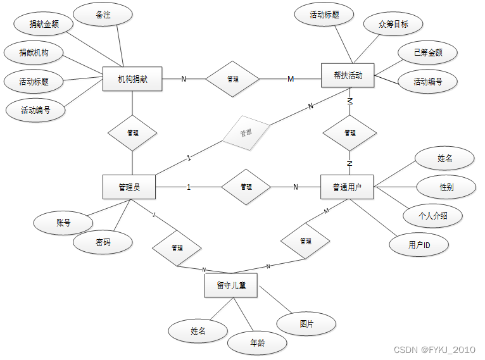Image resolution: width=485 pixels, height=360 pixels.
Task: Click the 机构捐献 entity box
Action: tap(132, 79)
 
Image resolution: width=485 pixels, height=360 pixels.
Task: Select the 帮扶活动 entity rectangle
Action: tap(348, 76)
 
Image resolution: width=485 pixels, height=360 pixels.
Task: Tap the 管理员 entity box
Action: tap(129, 187)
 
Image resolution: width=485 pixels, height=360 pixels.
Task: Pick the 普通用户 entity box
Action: tap(348, 187)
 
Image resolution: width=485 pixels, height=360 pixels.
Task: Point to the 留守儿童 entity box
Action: tap(231, 285)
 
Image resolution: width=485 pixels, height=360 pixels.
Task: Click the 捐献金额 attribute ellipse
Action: tap(43, 25)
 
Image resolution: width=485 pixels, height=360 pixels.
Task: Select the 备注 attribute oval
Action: tap(103, 15)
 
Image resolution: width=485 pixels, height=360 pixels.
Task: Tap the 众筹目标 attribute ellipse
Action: tap(393, 25)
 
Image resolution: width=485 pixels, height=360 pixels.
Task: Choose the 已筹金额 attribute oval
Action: tap(428, 53)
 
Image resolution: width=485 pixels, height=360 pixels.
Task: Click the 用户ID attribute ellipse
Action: tap(419, 244)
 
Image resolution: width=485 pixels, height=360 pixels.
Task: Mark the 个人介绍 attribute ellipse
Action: tap(433, 215)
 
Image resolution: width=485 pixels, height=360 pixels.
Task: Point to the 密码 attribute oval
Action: tap(103, 242)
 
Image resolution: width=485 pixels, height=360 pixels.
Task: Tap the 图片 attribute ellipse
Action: tap(306, 324)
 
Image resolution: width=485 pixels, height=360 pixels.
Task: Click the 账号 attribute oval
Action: tap(63, 223)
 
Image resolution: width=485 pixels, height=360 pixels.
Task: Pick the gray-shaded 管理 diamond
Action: tap(246, 133)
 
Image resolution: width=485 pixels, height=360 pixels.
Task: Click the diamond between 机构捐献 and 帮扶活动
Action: tap(232, 79)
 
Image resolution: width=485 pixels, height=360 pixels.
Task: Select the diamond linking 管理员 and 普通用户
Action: tap(246, 187)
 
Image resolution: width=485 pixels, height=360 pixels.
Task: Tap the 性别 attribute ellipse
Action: tap(446, 187)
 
